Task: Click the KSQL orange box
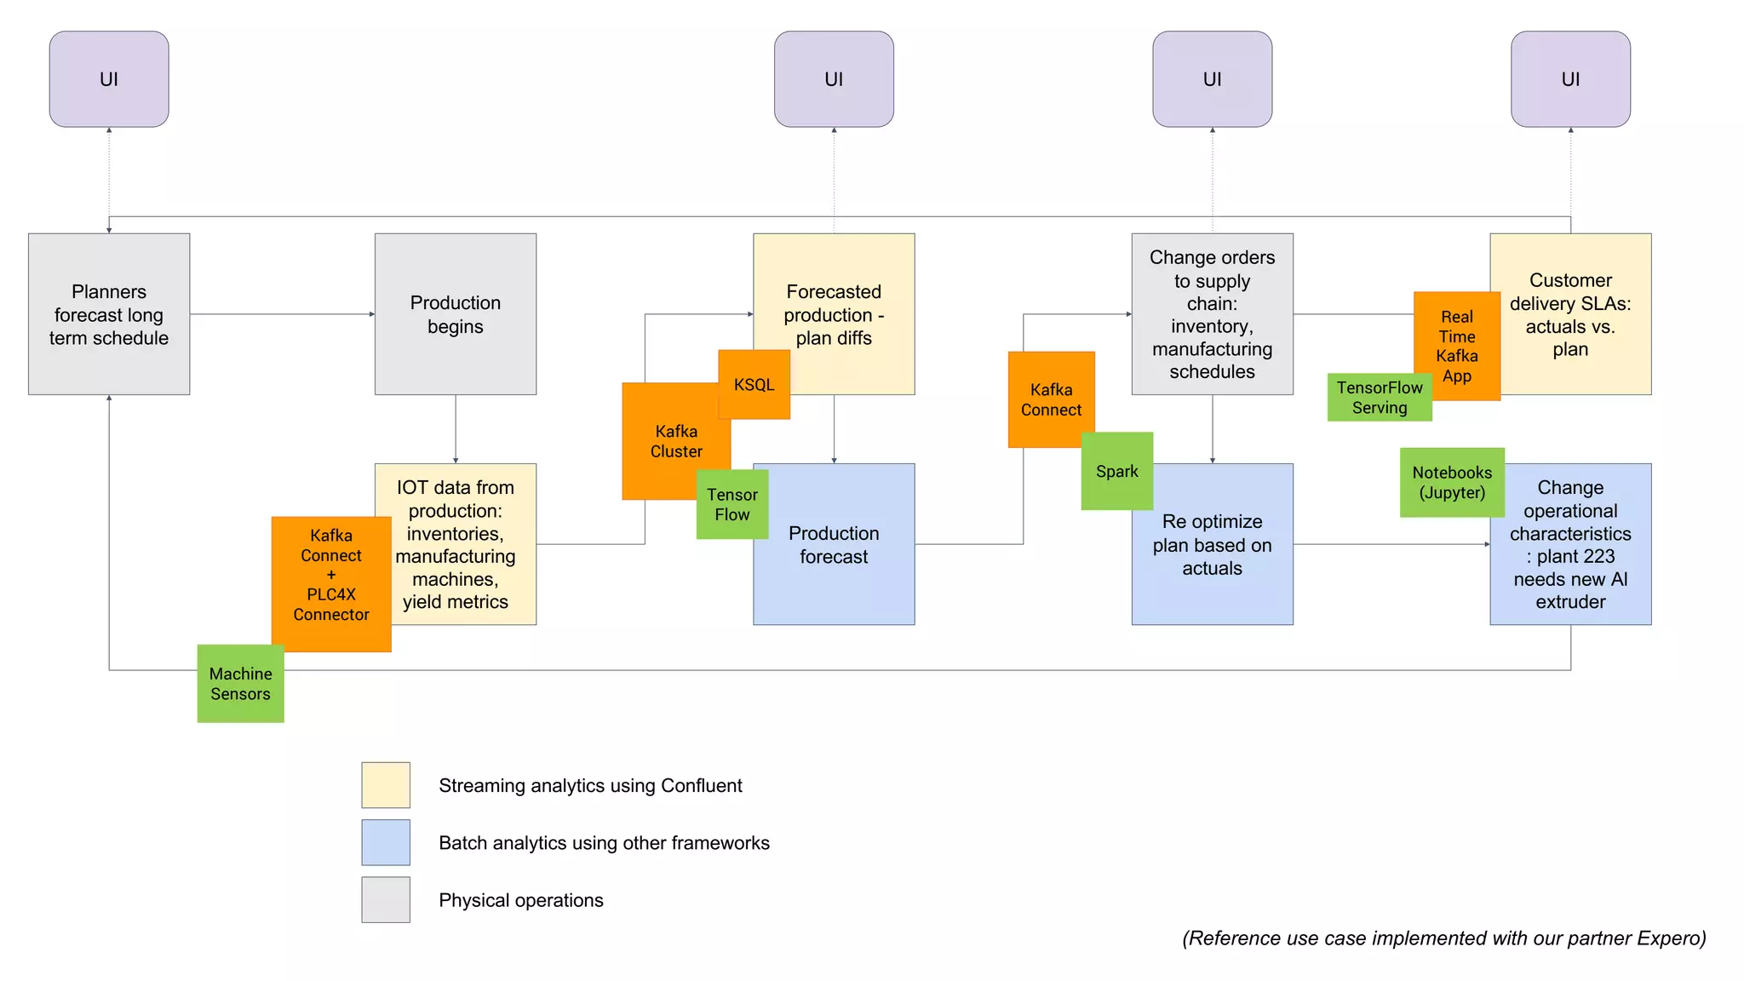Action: [754, 384]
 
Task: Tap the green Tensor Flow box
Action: [731, 504]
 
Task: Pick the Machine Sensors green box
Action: [240, 684]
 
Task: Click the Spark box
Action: [1116, 471]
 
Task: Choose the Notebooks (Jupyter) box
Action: [1452, 482]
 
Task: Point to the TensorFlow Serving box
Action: [1379, 398]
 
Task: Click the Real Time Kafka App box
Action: [1456, 346]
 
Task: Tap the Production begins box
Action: [455, 314]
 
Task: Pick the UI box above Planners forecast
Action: [109, 79]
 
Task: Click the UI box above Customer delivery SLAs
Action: [1570, 79]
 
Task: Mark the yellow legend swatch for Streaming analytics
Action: [386, 784]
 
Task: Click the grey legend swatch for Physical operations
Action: [386, 899]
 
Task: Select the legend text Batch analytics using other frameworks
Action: [604, 842]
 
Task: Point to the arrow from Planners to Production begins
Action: [281, 314]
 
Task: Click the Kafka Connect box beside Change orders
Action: [1050, 399]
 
